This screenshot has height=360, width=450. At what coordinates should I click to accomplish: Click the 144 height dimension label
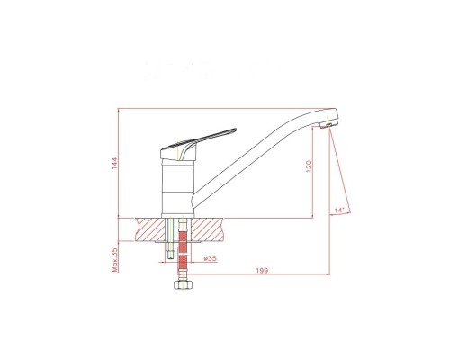tap(115, 163)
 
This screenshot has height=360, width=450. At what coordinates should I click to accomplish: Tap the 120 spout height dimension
tap(309, 166)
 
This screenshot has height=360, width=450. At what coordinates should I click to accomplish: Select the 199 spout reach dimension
tap(262, 271)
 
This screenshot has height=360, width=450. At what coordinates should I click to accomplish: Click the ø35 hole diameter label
tap(210, 258)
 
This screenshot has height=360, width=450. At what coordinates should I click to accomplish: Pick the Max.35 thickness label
tap(115, 260)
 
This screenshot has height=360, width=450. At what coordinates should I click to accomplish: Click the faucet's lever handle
tap(198, 144)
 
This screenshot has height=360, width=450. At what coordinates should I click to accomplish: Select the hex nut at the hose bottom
tap(183, 284)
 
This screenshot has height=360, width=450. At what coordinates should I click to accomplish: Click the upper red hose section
tap(183, 241)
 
